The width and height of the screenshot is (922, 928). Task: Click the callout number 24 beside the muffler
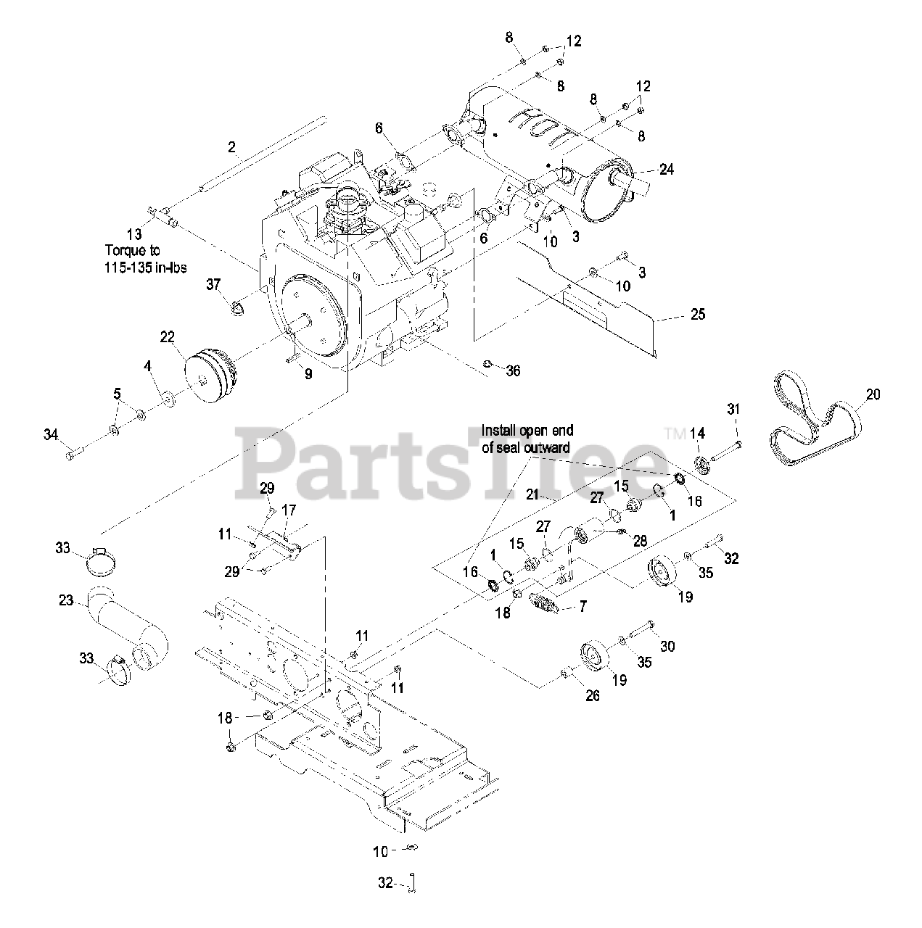point(666,170)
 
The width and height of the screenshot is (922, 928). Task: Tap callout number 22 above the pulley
point(168,336)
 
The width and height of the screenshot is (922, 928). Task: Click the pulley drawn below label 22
point(210,372)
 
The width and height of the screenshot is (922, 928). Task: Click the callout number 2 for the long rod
point(231,148)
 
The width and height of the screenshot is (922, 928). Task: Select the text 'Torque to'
point(133,251)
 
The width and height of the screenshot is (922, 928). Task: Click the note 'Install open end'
point(528,431)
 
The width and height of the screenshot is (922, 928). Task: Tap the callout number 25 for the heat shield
point(697,315)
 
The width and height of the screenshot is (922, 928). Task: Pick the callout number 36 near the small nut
point(513,371)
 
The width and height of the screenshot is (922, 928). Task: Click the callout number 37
point(213,285)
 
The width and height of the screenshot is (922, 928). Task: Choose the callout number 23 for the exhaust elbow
point(67,600)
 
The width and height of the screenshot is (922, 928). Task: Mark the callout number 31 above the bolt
point(733,410)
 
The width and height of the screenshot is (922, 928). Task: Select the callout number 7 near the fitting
point(583,606)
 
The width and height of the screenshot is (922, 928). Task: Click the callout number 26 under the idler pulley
point(592,695)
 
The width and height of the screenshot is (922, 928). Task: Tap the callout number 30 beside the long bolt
point(667,645)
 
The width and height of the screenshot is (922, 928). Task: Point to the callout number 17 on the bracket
point(289,510)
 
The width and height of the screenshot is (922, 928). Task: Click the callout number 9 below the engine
point(308,375)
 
